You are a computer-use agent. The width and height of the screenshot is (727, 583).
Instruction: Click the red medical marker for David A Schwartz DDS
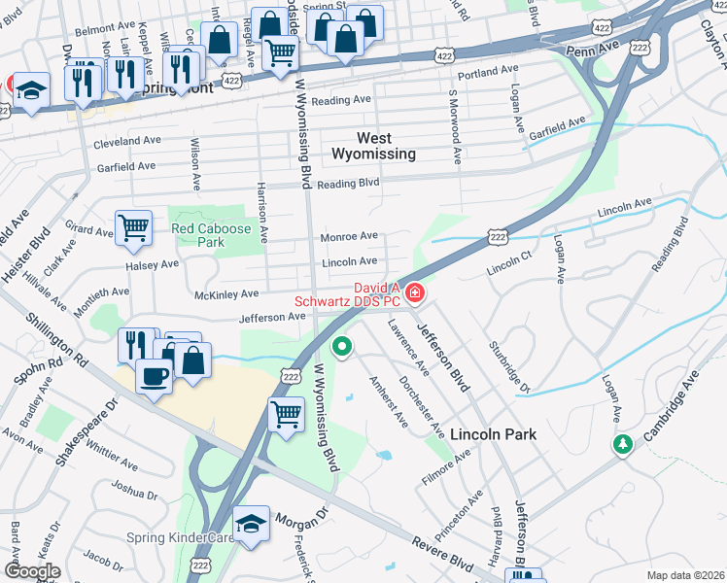(415, 291)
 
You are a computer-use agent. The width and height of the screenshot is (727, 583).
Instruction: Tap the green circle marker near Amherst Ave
(342, 346)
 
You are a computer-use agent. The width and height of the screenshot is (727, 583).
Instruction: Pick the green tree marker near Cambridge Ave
(622, 444)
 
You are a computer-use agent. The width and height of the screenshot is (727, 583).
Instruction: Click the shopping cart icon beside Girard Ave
(133, 229)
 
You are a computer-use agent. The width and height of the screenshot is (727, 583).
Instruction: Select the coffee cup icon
(154, 375)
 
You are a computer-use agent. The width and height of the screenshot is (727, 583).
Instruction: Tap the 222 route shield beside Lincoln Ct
(498, 237)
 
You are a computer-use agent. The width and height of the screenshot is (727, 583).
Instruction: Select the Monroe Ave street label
(350, 236)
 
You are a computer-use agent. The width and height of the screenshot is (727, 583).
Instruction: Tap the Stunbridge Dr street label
(508, 365)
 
